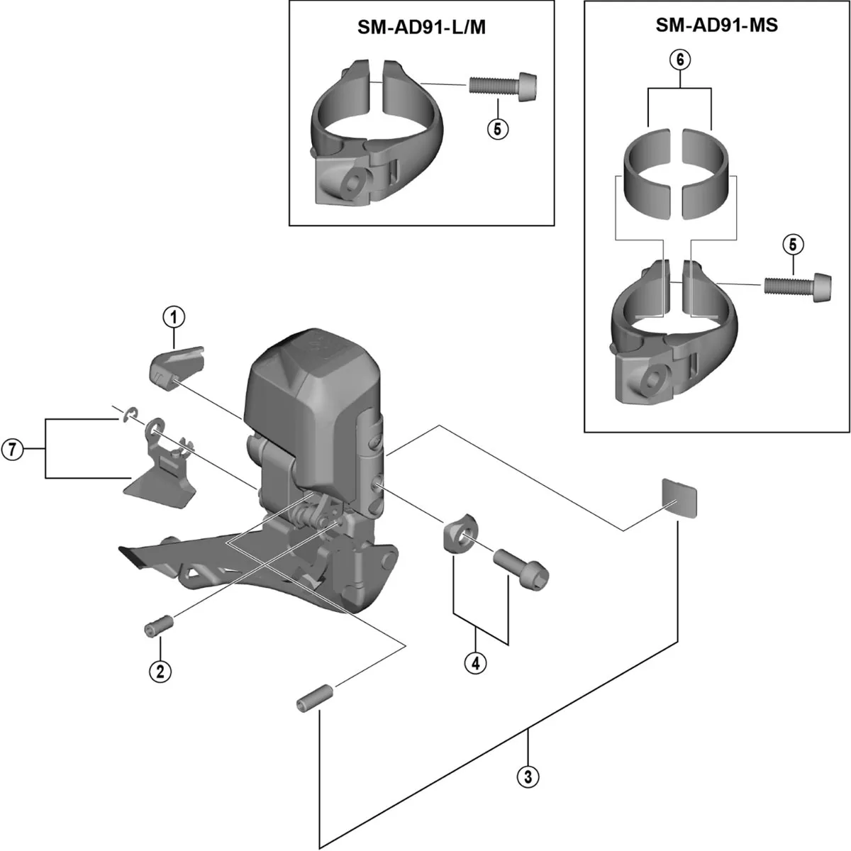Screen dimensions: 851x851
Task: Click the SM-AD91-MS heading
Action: tap(716, 26)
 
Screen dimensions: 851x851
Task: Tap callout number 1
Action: tap(173, 318)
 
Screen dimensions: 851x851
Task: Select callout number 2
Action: tap(160, 670)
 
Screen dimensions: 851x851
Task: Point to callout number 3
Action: tap(527, 776)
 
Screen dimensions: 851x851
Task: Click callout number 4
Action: tap(475, 663)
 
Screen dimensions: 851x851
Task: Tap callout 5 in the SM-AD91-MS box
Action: tap(792, 245)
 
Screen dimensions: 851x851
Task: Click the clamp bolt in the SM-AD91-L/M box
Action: tap(502, 86)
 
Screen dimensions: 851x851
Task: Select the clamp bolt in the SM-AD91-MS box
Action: tap(796, 284)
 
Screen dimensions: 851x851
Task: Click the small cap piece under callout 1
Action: tap(174, 363)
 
